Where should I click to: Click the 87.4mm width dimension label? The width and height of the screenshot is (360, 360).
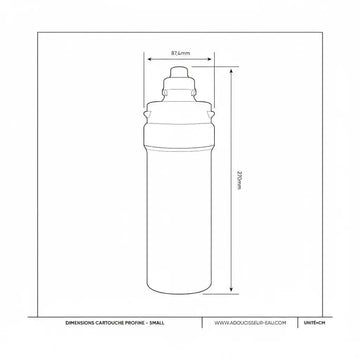pyautogui.click(x=180, y=53)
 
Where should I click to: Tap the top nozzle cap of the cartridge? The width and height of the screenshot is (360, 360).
pyautogui.click(x=180, y=73)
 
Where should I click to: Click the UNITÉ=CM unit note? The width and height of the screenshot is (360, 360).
pyautogui.click(x=312, y=323)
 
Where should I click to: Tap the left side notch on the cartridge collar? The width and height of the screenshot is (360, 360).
pyautogui.click(x=147, y=116)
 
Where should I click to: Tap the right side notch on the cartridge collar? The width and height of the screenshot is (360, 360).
pyautogui.click(x=213, y=116)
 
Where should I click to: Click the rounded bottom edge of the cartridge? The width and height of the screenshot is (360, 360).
pyautogui.click(x=180, y=293)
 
